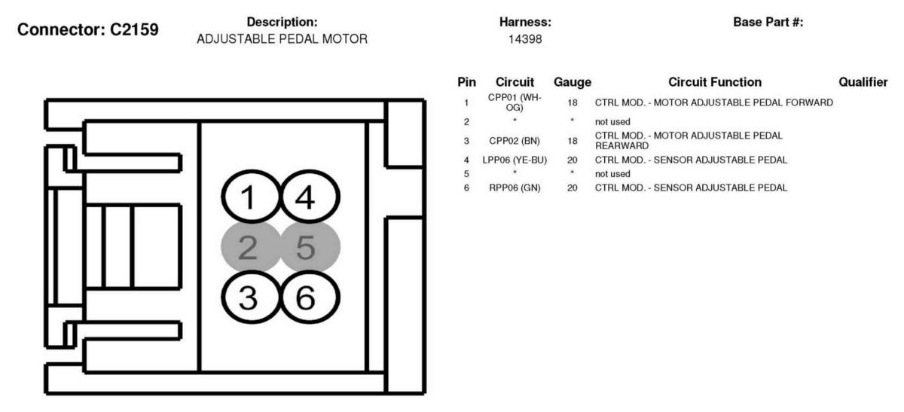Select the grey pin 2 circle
(x=251, y=247)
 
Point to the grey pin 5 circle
(x=310, y=247)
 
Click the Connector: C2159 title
(x=88, y=29)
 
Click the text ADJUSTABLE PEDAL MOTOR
(x=282, y=39)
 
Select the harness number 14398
(x=525, y=39)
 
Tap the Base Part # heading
(x=768, y=22)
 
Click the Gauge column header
(x=573, y=82)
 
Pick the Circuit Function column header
(x=715, y=82)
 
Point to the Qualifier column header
(x=863, y=82)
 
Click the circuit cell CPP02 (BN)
(x=515, y=141)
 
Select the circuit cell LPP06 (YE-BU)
(x=515, y=160)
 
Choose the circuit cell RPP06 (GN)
(x=515, y=188)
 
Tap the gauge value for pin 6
(x=573, y=188)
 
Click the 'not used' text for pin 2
(x=612, y=122)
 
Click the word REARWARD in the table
(x=622, y=145)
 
